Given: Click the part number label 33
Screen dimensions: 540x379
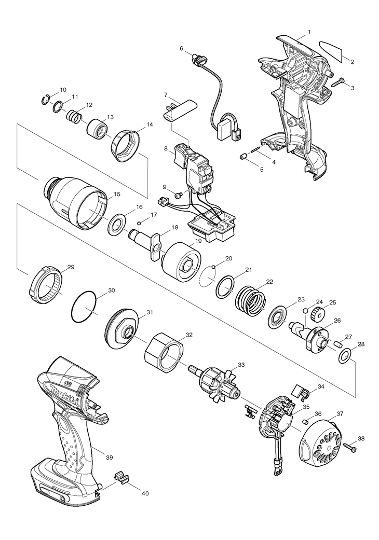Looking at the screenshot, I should coord(240,365).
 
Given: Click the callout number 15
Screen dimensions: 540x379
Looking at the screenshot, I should coord(117,194).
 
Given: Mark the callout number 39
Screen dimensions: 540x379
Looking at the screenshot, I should coord(109,457).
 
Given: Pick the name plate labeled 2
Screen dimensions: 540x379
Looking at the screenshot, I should coord(332,51).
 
